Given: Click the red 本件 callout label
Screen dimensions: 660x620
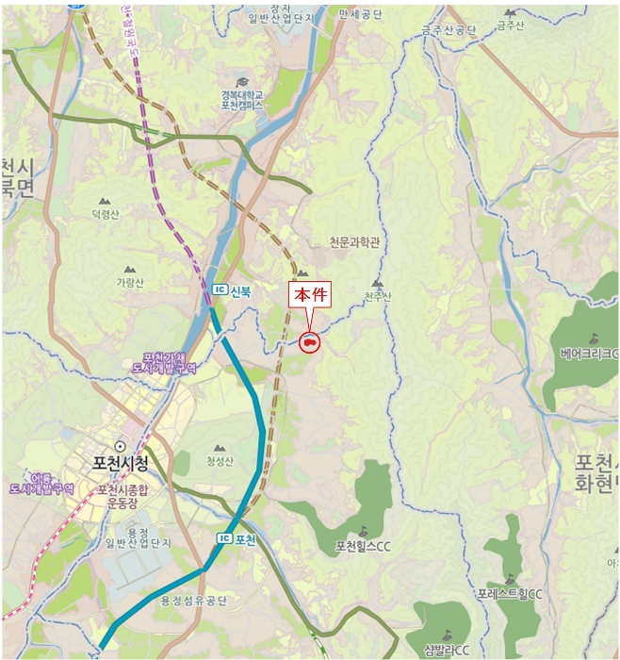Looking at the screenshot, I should [x=310, y=294].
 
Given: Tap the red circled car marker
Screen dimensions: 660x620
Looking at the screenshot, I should [x=309, y=343].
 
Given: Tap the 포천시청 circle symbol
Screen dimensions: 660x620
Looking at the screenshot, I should [x=119, y=445].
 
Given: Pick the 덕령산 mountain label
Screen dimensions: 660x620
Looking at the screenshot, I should [x=106, y=215].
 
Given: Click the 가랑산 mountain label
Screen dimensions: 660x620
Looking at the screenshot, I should [x=130, y=282].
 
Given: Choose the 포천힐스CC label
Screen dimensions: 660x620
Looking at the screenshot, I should [x=363, y=547].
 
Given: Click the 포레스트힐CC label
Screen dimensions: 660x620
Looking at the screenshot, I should [x=510, y=594].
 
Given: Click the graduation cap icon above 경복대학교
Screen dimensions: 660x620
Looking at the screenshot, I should [x=242, y=82].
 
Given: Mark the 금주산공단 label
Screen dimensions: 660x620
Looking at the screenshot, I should [x=449, y=30].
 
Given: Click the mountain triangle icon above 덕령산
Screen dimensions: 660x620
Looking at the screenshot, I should [x=105, y=201].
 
